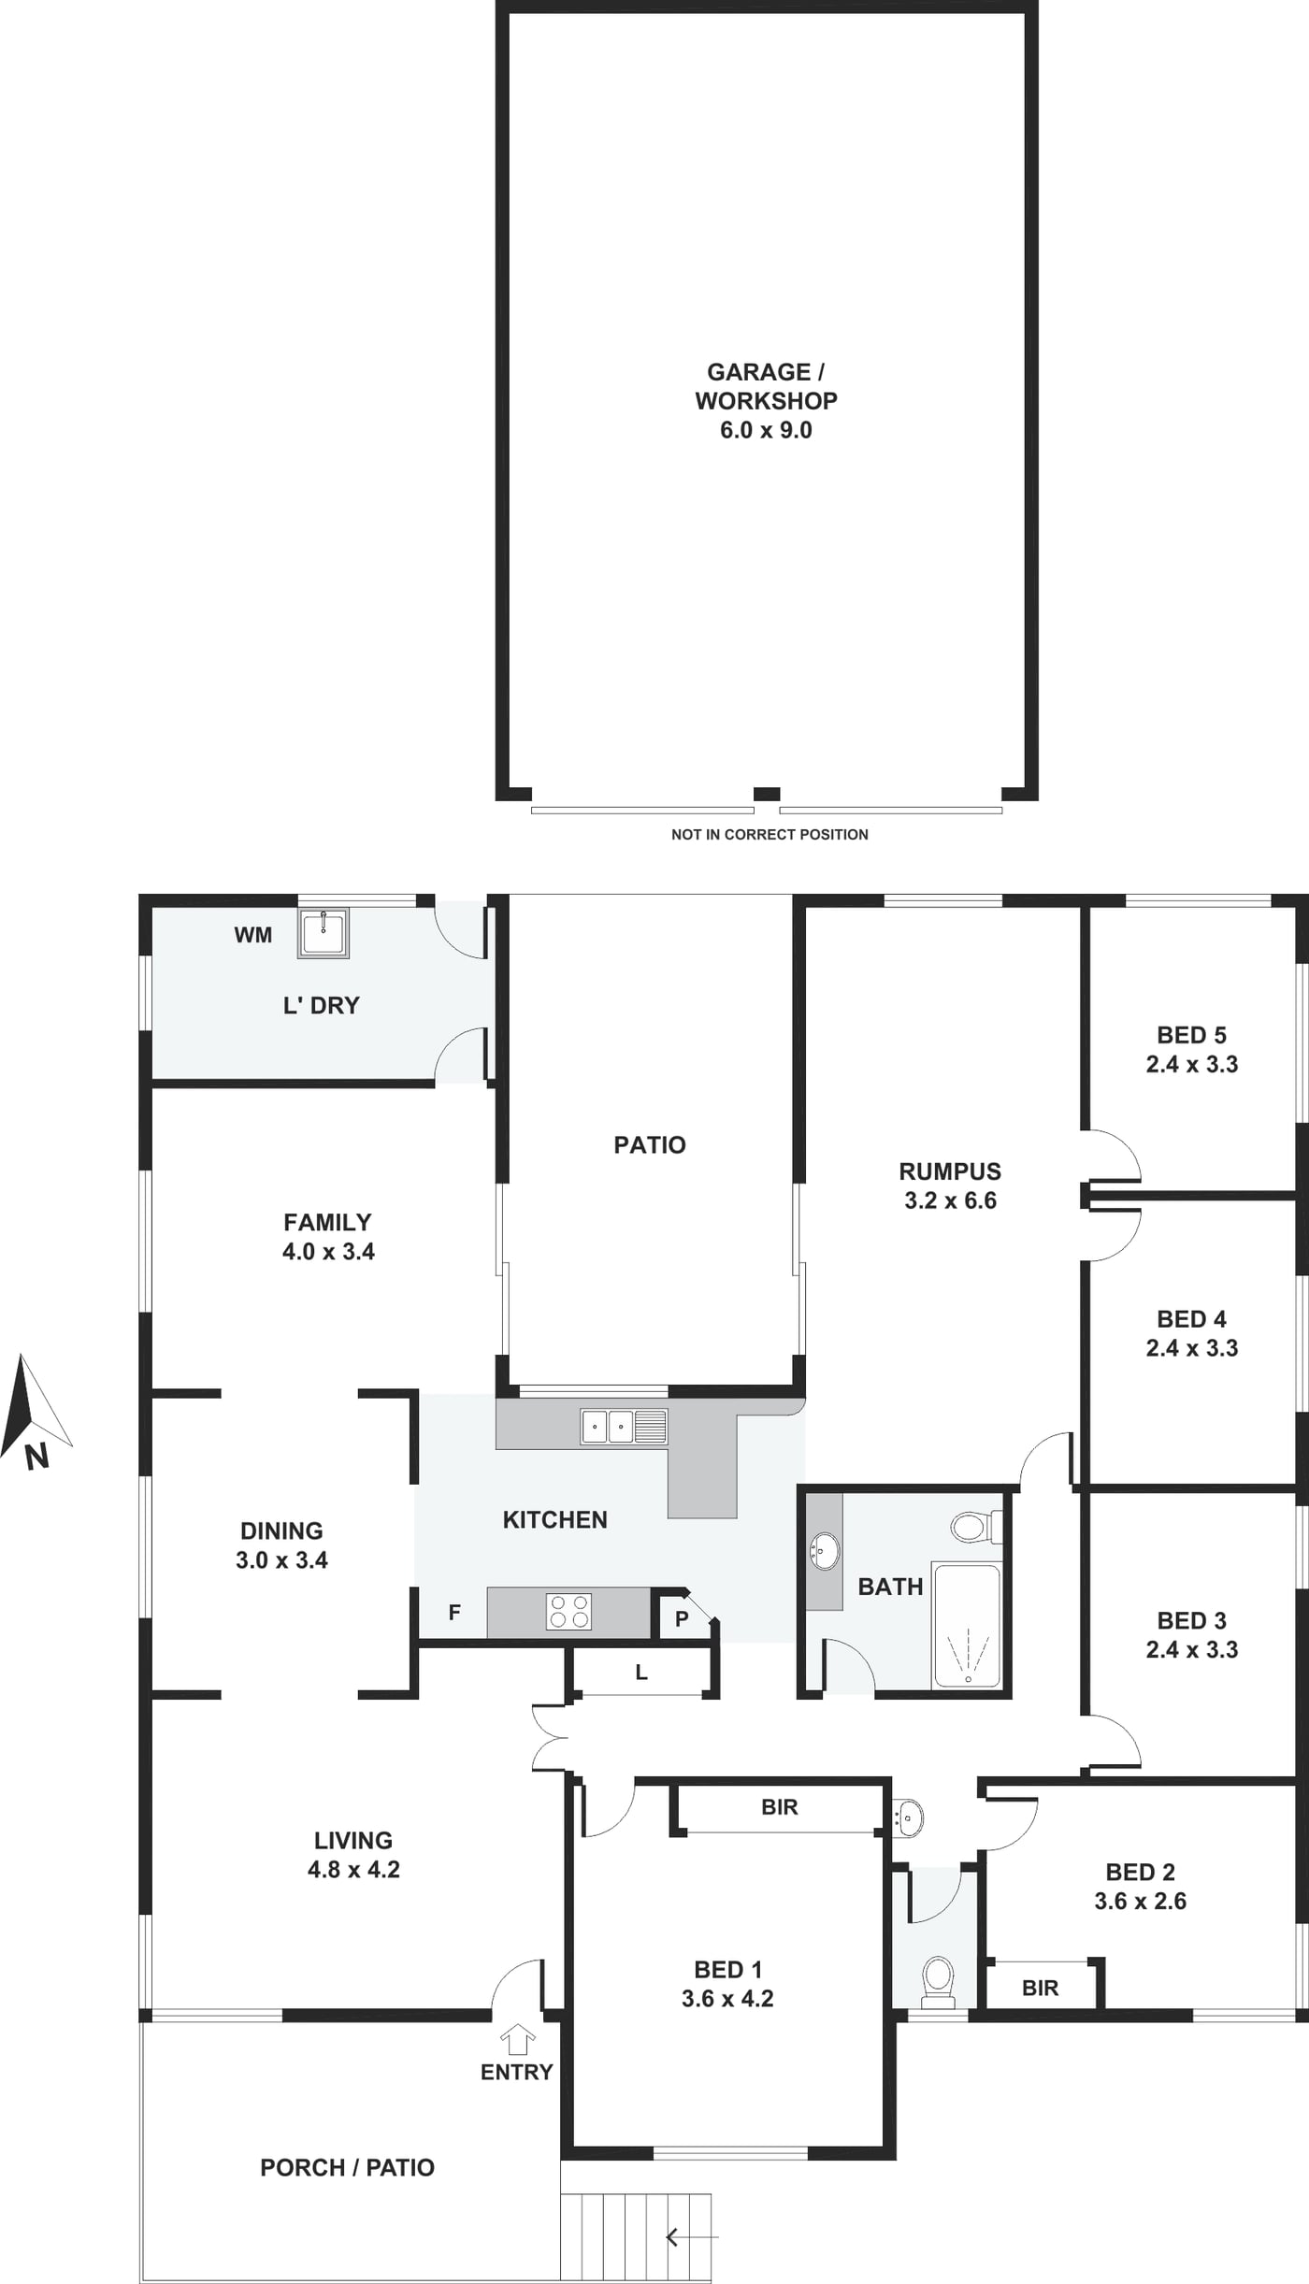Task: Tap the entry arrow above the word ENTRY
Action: click(518, 2039)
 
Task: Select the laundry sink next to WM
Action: click(324, 932)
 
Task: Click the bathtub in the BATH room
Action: click(968, 1625)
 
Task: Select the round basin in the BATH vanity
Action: click(825, 1551)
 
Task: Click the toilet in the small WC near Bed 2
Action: click(938, 1981)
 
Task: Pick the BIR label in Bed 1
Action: click(780, 1807)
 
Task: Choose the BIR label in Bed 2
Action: click(1040, 1988)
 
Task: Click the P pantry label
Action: click(682, 1618)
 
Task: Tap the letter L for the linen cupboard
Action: click(641, 1673)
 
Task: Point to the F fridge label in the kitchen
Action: click(454, 1612)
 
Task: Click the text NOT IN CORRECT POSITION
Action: click(770, 834)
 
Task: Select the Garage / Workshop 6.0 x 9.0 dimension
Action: click(766, 430)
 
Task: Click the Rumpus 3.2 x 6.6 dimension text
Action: click(950, 1200)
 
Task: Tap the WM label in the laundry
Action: click(252, 935)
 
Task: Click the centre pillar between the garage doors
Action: click(767, 794)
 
